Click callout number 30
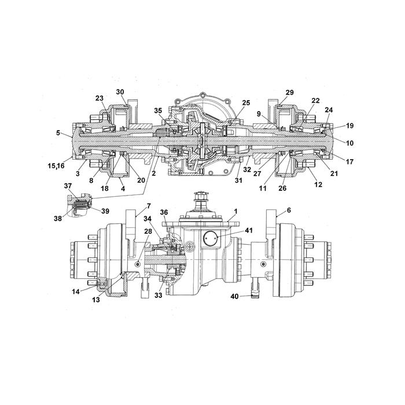click(x=120, y=92)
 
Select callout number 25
click(x=246, y=103)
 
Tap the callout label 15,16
click(x=56, y=165)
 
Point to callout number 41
click(x=248, y=230)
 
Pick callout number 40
click(x=234, y=296)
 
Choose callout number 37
click(x=68, y=186)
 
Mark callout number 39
click(x=105, y=211)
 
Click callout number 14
click(x=76, y=292)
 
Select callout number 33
click(x=159, y=295)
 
